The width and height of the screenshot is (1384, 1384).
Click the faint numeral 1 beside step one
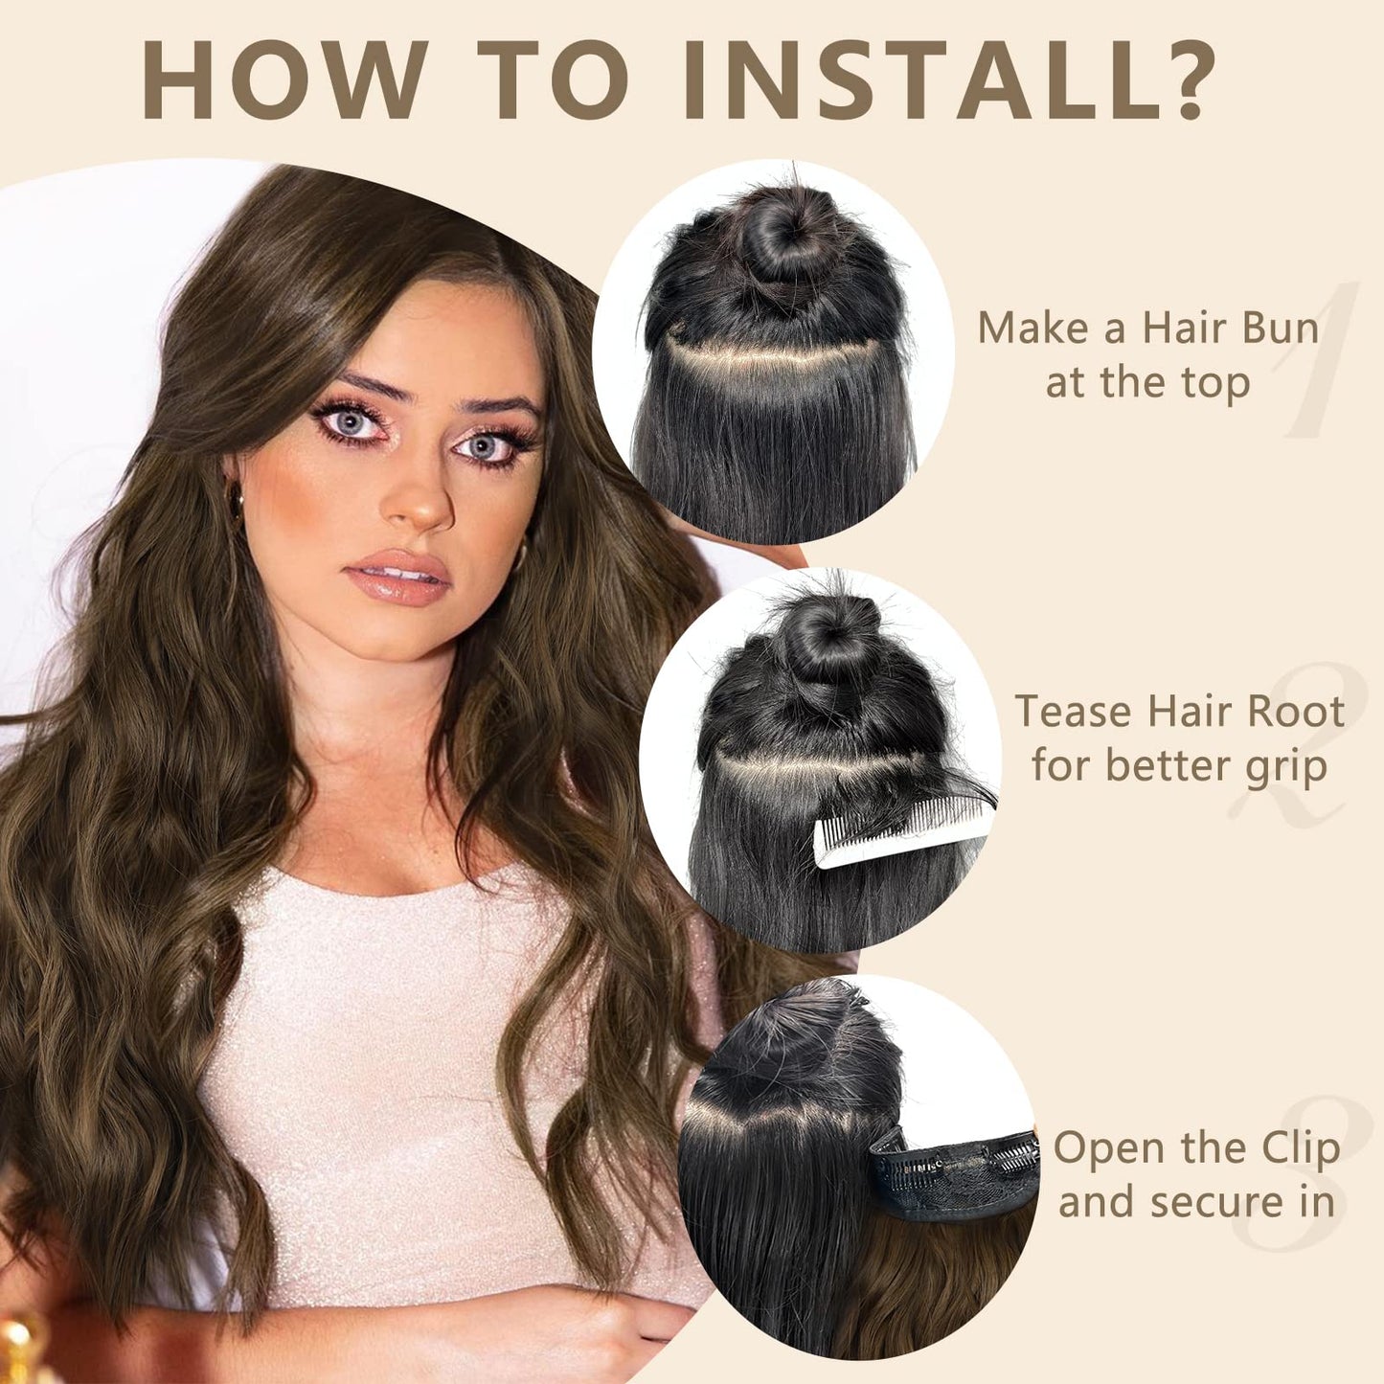tap(1322, 359)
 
